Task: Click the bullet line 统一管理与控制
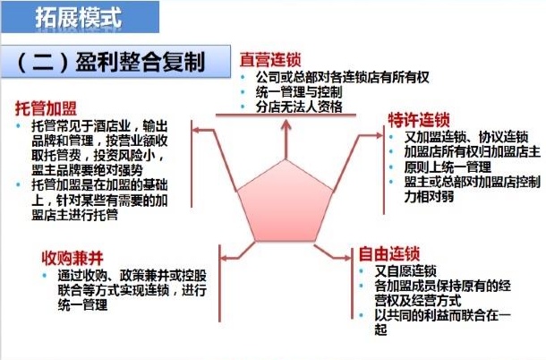[300, 92]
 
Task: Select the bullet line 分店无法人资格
[300, 107]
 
